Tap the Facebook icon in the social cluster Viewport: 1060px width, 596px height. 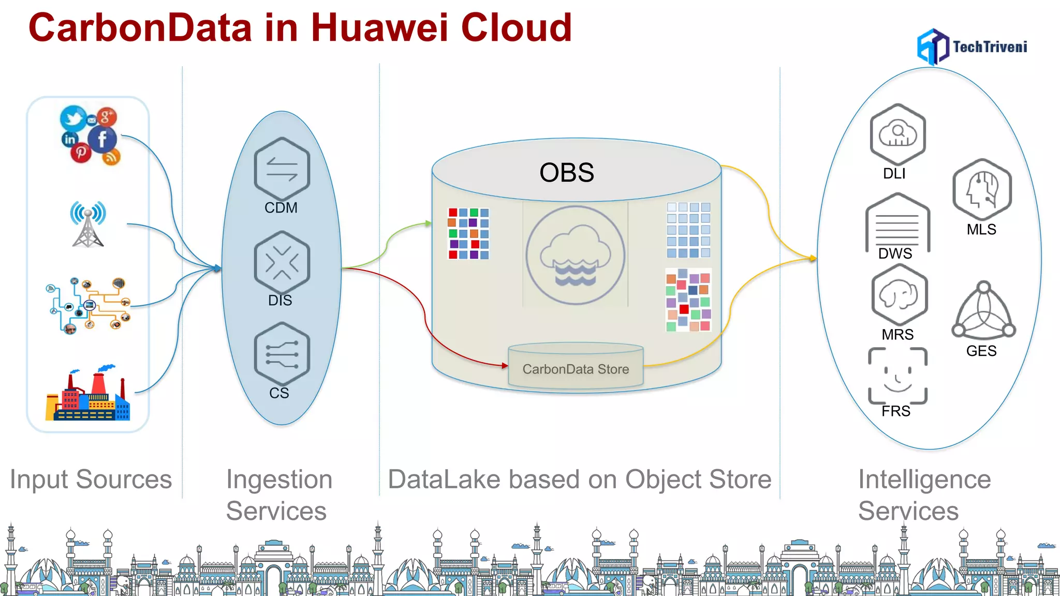tap(102, 139)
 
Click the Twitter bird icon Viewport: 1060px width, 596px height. tap(73, 118)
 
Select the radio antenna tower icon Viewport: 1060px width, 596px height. tap(88, 224)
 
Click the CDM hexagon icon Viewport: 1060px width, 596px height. tap(282, 169)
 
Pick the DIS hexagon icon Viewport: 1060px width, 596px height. tap(282, 262)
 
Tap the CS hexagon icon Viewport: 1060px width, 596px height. tap(282, 354)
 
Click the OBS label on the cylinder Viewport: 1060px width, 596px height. tap(566, 172)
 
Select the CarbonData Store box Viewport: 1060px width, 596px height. tap(576, 368)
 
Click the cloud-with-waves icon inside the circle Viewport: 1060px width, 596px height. tap(576, 256)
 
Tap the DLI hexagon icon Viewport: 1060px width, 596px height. tap(897, 135)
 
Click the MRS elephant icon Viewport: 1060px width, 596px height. tap(899, 295)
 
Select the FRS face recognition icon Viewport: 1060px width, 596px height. tap(897, 376)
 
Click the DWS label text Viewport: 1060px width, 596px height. tap(895, 254)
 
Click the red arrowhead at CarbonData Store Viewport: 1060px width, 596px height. tap(505, 365)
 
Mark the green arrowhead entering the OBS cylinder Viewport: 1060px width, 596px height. tap(429, 224)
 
